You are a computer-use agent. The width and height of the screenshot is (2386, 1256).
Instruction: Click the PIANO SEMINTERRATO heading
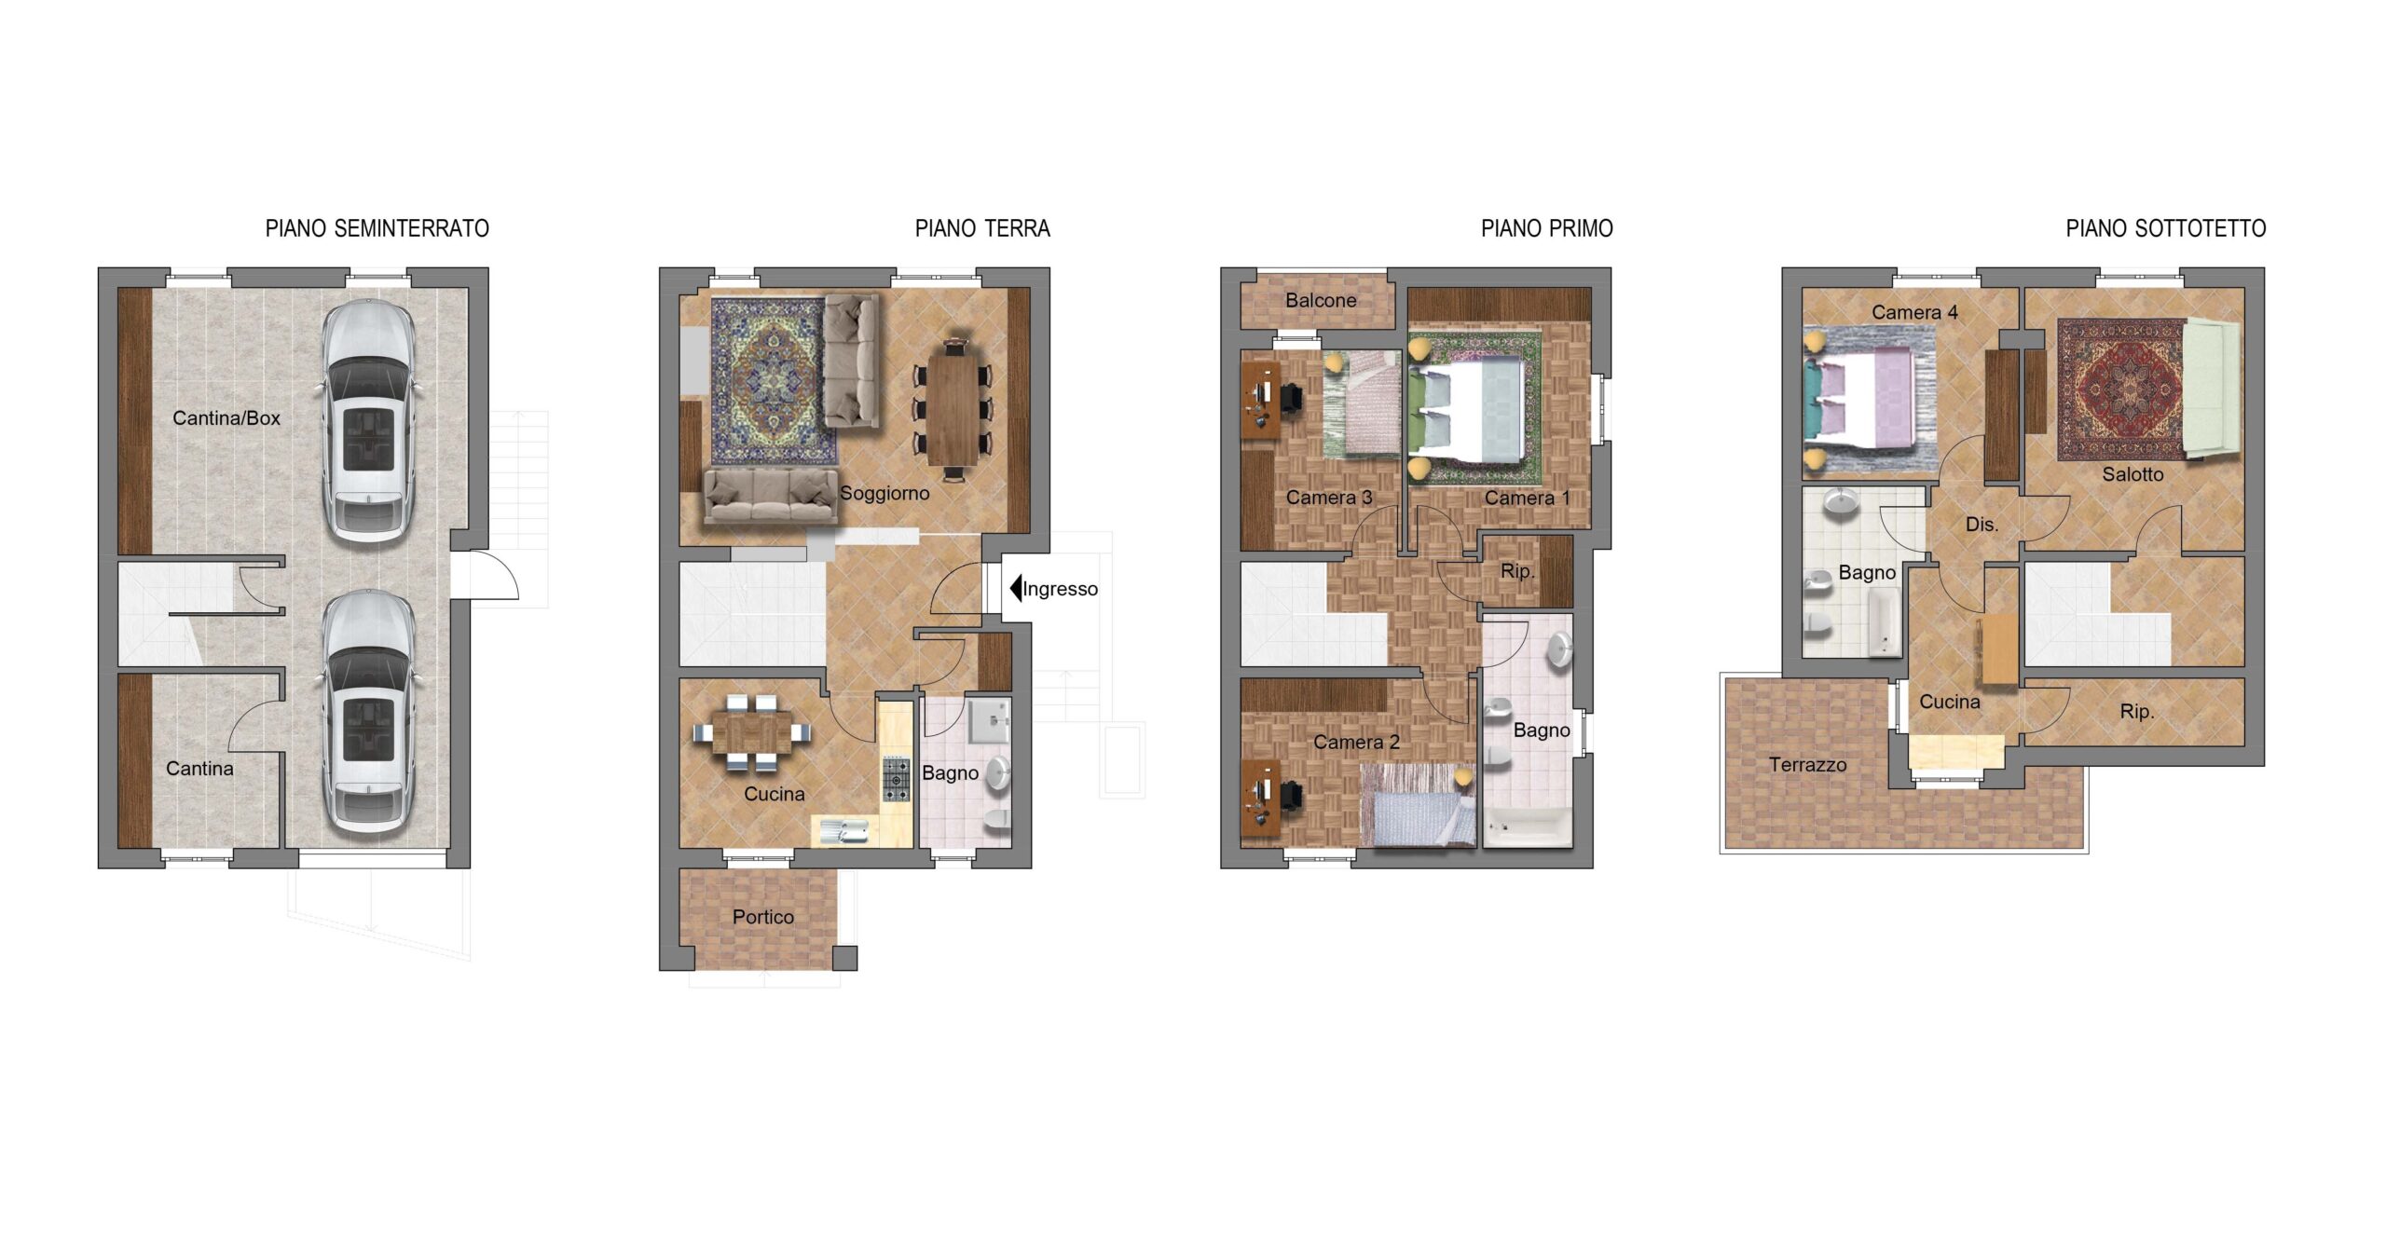point(377,228)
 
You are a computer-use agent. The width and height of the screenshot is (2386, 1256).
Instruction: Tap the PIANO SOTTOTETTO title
point(2165,228)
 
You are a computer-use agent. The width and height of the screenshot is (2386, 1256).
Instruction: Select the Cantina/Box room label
point(226,418)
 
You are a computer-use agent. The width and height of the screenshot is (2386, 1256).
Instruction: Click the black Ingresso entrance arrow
point(1016,588)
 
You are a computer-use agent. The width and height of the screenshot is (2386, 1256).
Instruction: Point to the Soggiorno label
point(884,494)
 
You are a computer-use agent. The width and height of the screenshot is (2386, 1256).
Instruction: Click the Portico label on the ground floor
point(763,917)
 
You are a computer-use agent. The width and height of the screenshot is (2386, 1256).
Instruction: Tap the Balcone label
point(1321,300)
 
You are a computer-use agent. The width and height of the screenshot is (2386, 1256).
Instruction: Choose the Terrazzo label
point(1807,765)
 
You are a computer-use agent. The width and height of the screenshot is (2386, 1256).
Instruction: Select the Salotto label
point(2132,474)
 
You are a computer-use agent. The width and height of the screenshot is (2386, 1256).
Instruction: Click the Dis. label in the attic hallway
point(1981,525)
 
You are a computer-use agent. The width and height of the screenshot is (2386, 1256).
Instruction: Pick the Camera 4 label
point(1914,312)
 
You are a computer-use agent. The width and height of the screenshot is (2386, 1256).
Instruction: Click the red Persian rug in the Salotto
point(2120,390)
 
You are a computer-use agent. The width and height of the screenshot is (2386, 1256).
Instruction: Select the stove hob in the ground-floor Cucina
point(897,779)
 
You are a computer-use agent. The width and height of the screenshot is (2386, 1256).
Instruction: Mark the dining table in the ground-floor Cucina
point(751,732)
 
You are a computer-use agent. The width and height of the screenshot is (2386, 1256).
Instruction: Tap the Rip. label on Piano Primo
point(1517,571)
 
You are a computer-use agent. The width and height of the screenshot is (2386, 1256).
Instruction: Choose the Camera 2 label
point(1356,743)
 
